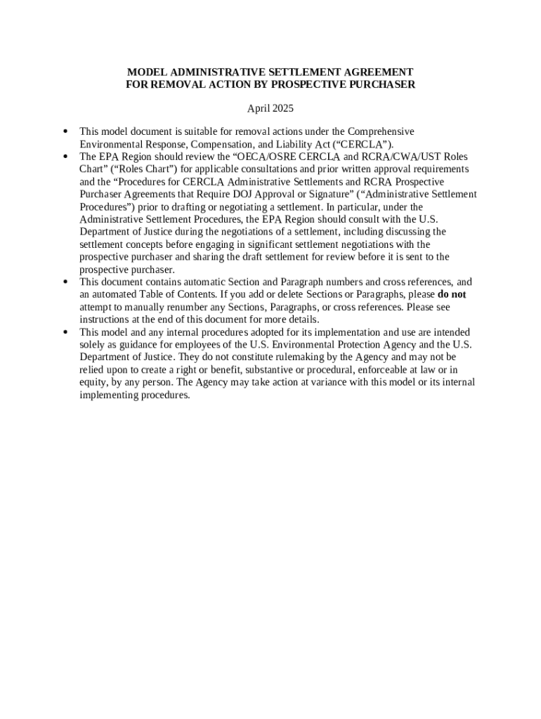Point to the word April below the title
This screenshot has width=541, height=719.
coord(258,109)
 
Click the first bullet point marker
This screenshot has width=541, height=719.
coord(65,131)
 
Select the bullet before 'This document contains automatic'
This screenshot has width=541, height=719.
coord(65,282)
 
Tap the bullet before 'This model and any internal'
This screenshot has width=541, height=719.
coord(65,332)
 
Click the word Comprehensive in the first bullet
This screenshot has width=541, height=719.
coord(381,132)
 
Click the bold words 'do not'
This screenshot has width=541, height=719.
coord(451,295)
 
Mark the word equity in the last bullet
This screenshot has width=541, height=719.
coord(93,383)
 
